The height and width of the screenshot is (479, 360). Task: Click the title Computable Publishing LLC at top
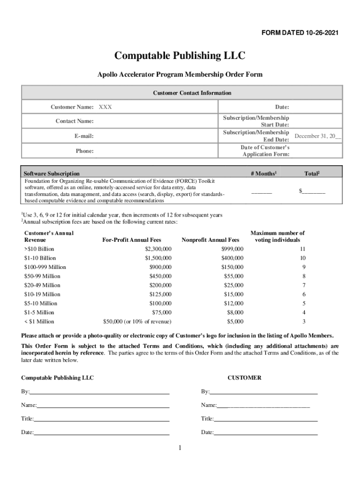tap(180, 56)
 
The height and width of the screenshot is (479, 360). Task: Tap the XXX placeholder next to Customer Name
tap(105, 107)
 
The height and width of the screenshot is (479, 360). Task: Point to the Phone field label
tap(85, 151)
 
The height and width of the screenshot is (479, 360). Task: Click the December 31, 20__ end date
tap(317, 136)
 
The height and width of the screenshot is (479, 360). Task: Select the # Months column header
tap(264, 174)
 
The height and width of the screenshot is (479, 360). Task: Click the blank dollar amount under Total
tap(312, 191)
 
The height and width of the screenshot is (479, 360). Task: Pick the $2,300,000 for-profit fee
tap(158, 249)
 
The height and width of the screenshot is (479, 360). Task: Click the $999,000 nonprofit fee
tap(232, 249)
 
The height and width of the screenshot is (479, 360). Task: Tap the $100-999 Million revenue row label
tap(45, 267)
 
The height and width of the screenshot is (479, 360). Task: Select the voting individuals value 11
tap(302, 249)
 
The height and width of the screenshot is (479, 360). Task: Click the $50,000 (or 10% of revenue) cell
tap(137, 321)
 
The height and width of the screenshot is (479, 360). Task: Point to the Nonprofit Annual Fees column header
tap(210, 240)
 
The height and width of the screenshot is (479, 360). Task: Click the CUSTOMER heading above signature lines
tap(244, 377)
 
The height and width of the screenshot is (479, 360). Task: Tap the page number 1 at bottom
tap(179, 448)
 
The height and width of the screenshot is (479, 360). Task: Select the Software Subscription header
tap(51, 174)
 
